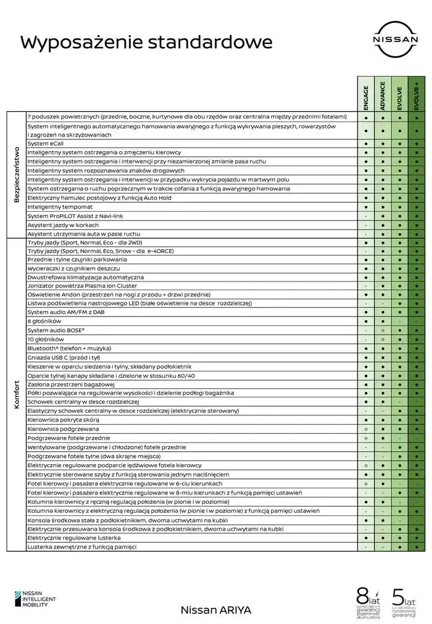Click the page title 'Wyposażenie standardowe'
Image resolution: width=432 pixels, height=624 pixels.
coord(146,42)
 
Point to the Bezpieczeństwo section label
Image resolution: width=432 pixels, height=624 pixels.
coord(17,175)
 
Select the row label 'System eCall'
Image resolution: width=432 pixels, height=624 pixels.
coord(46,143)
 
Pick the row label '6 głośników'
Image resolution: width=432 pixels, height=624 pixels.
coord(44,321)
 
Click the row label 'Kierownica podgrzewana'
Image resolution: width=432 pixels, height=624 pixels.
coord(63,428)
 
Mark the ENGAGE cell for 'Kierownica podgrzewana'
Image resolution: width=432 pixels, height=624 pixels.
coord(366,428)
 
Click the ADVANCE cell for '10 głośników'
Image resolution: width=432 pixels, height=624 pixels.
coord(383,339)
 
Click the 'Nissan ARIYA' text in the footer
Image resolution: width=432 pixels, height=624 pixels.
coord(215,609)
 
